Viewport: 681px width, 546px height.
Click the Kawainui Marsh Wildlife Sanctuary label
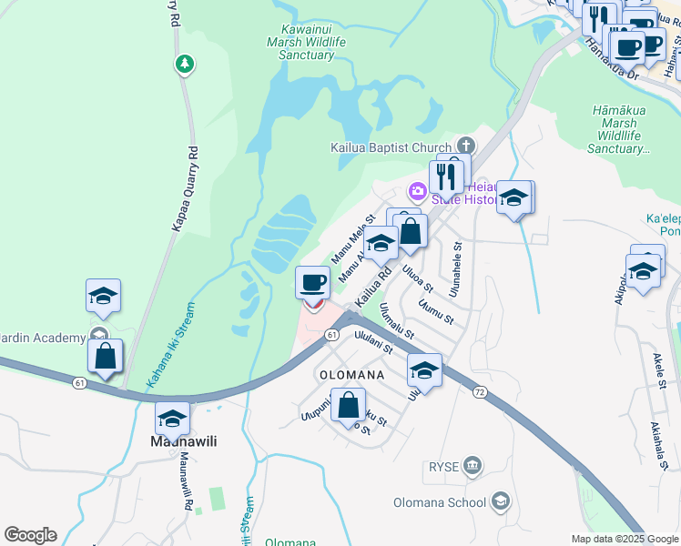pyautogui.click(x=300, y=42)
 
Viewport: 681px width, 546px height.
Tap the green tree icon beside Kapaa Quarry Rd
pyautogui.click(x=185, y=63)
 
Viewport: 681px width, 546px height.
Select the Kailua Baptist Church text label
pyautogui.click(x=391, y=147)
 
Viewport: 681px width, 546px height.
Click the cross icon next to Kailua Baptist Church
pyautogui.click(x=466, y=146)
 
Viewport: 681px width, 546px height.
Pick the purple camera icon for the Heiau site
pyautogui.click(x=417, y=190)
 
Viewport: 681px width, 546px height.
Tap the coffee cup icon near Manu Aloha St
pyautogui.click(x=313, y=282)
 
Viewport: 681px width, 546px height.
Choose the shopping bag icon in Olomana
pyautogui.click(x=348, y=404)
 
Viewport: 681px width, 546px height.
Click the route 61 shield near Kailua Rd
pyautogui.click(x=332, y=335)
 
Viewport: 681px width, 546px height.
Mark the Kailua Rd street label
pyautogui.click(x=373, y=285)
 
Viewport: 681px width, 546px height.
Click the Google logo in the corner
pyautogui.click(x=30, y=535)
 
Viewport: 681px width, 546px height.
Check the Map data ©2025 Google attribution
pyautogui.click(x=624, y=539)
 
